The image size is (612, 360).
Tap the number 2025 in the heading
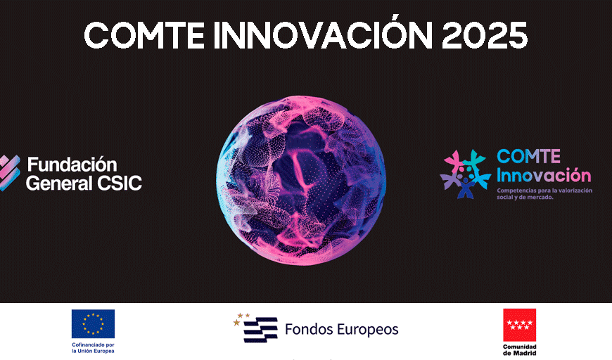[485, 35]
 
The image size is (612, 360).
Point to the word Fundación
[72, 165]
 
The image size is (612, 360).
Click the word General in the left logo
[58, 184]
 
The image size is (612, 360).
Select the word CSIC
[118, 184]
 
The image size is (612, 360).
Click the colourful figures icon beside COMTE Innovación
[465, 174]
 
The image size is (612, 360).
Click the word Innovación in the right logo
[544, 175]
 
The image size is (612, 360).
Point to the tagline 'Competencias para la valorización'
[545, 191]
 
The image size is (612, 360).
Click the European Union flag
[93, 323]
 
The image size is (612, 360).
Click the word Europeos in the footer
[369, 329]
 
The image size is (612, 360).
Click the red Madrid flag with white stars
[519, 325]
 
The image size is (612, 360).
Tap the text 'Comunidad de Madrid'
[519, 350]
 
